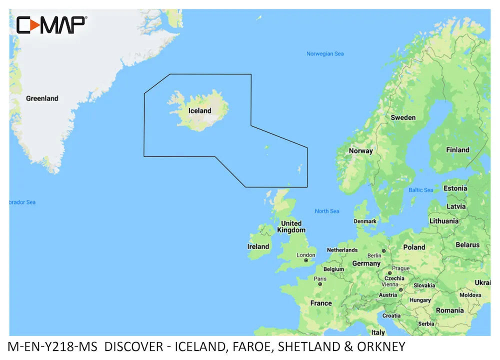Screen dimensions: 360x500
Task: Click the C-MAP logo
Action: pos(51,24)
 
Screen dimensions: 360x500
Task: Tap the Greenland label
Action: pos(42,98)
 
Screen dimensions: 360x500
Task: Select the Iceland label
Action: pos(199,110)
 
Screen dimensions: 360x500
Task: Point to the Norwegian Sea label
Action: pos(325,53)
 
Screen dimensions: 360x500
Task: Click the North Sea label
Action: pos(327,211)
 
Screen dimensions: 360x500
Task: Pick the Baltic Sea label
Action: pos(421,190)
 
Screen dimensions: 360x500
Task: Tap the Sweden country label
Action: pos(403,117)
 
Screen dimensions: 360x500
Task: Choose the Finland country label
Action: pos(457,149)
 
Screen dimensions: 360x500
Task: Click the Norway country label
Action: pos(360,150)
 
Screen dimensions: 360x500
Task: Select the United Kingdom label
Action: pos(291,226)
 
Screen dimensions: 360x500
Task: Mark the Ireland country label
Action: pos(258,246)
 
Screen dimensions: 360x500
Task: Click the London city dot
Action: pos(306,260)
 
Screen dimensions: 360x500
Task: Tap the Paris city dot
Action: pos(320,284)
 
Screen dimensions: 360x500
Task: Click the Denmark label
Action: pos(365,221)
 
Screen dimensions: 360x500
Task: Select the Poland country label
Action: pos(414,247)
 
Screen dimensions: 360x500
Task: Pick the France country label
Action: pos(320,303)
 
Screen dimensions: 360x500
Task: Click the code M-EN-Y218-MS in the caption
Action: pos(54,346)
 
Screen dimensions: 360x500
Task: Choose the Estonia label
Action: pos(455,188)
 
